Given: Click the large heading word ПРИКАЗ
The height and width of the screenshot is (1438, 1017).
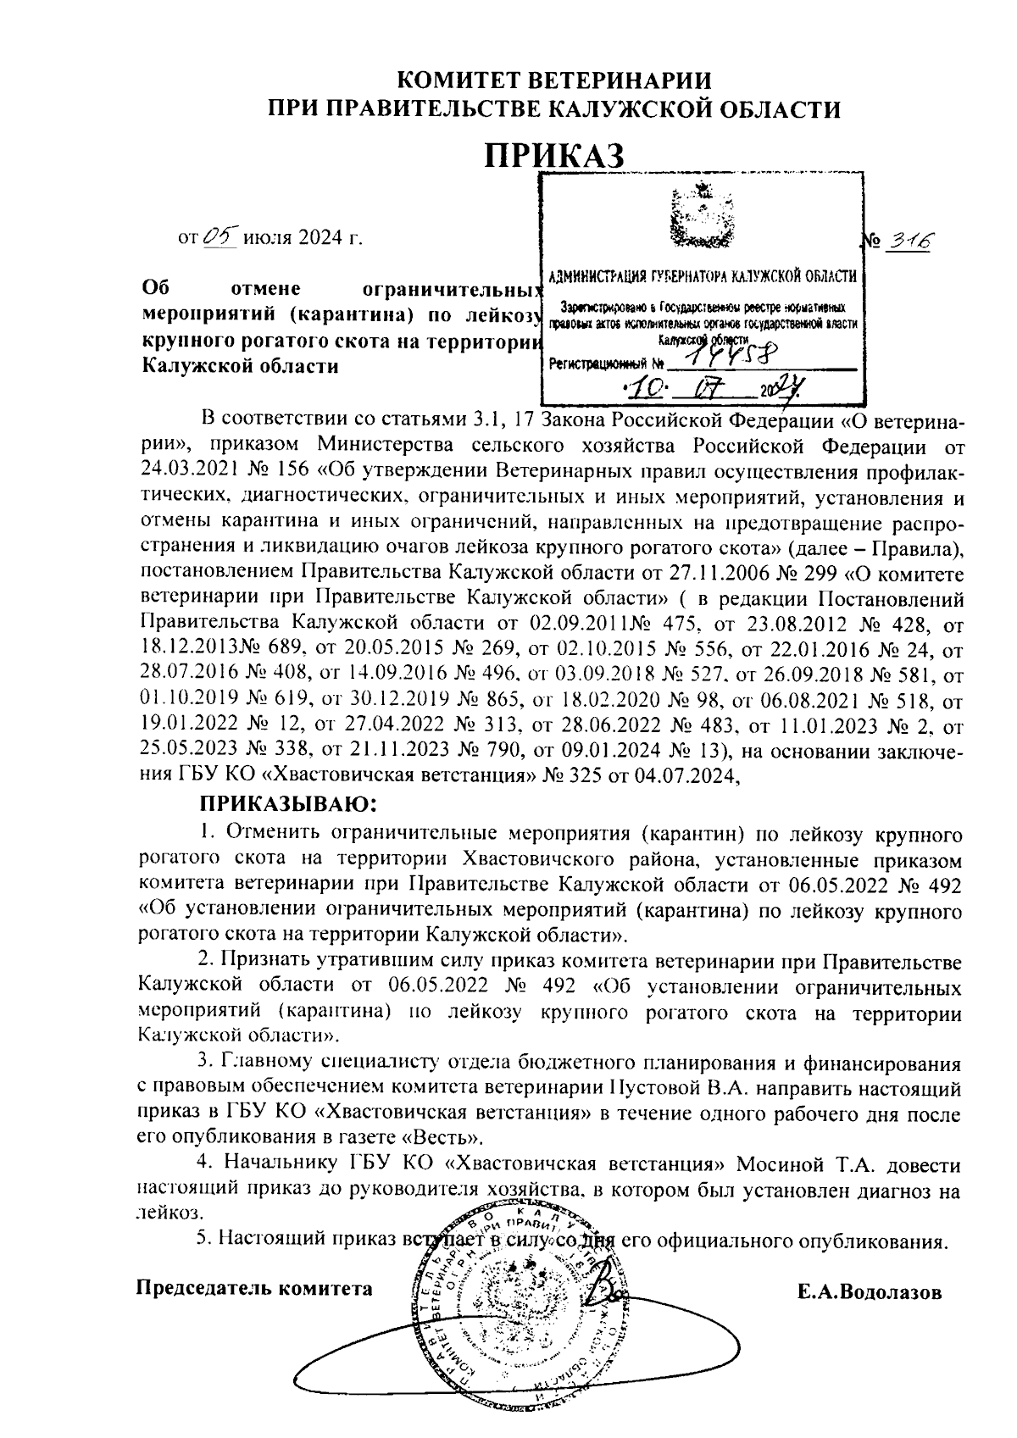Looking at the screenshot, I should coord(556,156).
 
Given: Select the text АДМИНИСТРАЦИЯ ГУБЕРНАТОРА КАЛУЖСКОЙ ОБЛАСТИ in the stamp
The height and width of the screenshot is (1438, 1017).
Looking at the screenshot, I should coord(702,277).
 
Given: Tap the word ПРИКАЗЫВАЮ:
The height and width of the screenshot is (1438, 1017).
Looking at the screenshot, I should coord(286,802).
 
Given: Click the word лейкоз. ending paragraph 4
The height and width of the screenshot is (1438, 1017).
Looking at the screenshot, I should coord(170,1215).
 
